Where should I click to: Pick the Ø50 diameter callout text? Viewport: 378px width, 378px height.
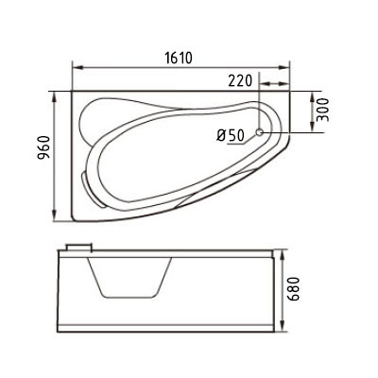point(231,134)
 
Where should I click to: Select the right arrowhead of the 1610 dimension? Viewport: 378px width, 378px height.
point(285,68)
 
